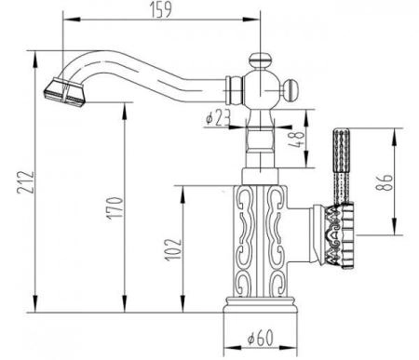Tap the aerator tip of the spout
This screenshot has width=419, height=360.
coord(61,90)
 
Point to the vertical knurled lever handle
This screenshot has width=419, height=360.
coord(341,163)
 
